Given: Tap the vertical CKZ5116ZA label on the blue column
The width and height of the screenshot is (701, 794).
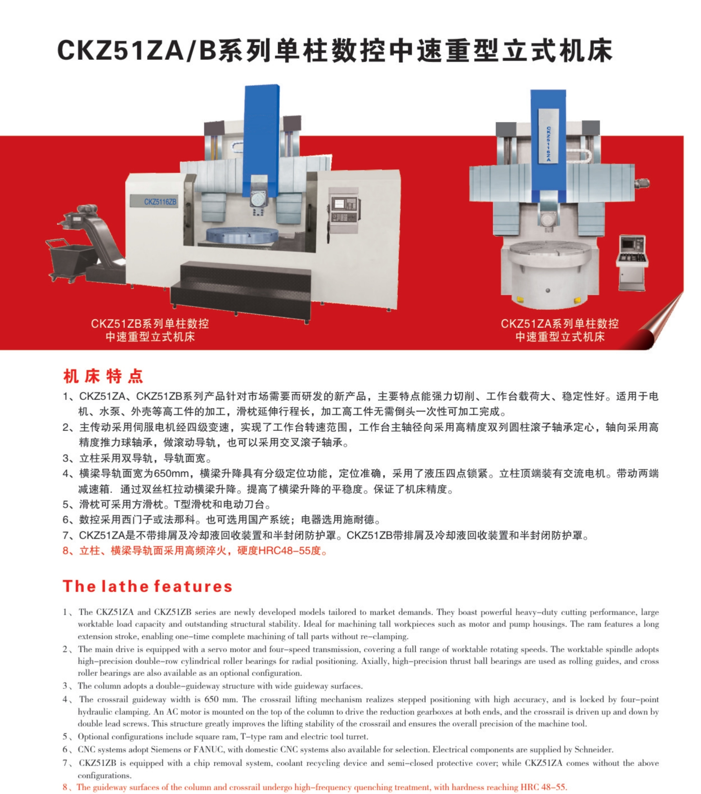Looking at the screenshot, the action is [x=548, y=144].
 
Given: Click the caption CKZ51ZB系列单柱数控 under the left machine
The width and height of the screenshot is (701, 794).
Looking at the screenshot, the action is [x=150, y=324].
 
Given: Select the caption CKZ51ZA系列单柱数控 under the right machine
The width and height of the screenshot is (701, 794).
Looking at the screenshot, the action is [x=560, y=324].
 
